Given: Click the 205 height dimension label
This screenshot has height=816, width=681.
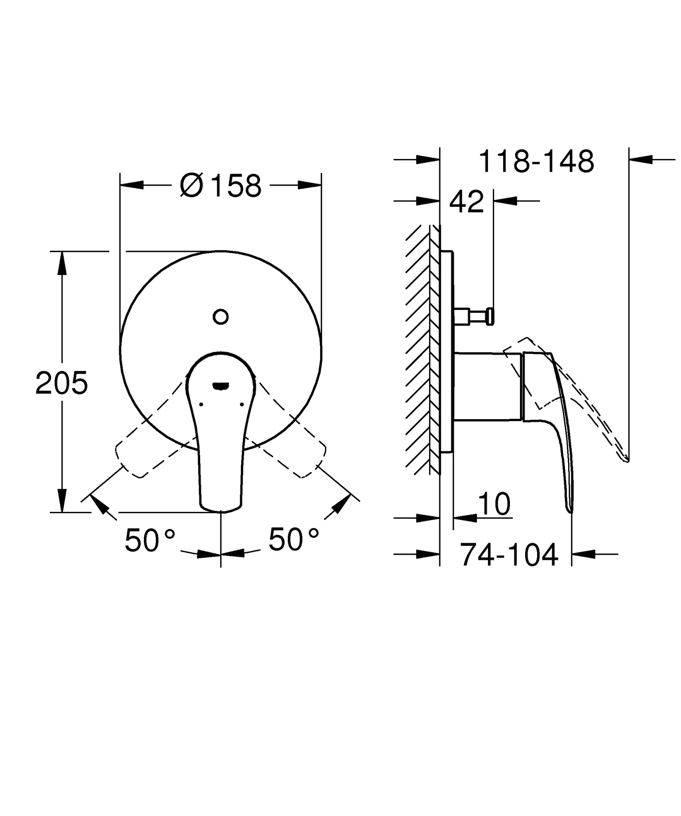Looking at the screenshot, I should pyautogui.click(x=61, y=383).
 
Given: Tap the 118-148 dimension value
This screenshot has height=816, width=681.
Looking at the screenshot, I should pyautogui.click(x=536, y=162).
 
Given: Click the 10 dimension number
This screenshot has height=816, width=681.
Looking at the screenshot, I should pyautogui.click(x=494, y=504).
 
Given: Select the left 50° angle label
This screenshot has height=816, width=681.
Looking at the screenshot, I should pyautogui.click(x=150, y=540).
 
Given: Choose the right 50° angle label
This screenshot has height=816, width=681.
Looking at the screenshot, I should pyautogui.click(x=293, y=539).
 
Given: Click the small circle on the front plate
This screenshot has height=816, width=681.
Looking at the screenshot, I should pyautogui.click(x=220, y=317).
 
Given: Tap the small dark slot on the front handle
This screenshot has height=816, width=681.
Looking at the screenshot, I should pyautogui.click(x=220, y=385).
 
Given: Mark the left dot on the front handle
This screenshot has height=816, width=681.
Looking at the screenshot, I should pyautogui.click(x=201, y=404).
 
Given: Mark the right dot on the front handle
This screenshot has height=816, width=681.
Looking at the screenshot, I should pyautogui.click(x=242, y=404).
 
